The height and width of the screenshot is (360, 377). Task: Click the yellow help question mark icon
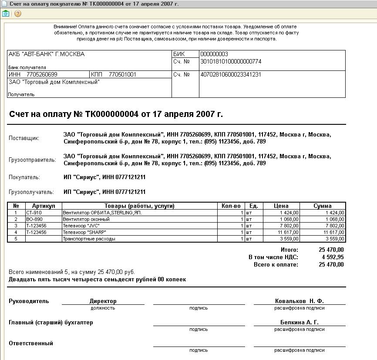(18, 13)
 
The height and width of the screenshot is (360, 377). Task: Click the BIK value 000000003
(214, 54)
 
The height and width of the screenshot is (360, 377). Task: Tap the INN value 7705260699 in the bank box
(42, 74)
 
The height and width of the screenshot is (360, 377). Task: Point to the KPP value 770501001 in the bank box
(122, 74)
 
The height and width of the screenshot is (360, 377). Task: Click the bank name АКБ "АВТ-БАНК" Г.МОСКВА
(47, 54)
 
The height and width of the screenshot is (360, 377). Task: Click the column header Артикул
(44, 206)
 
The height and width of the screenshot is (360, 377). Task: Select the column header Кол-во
(231, 206)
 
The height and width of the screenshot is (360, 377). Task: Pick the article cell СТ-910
(34, 213)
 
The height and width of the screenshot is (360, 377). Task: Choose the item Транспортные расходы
(89, 239)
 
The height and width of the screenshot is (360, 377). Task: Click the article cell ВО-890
(34, 220)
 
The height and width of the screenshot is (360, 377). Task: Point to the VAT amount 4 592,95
(331, 257)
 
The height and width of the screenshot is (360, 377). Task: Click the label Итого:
(289, 250)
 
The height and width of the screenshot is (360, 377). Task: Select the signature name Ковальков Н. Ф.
(299, 301)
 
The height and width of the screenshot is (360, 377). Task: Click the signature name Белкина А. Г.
(299, 323)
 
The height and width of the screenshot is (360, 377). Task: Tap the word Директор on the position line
(103, 301)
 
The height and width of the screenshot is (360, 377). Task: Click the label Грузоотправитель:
(33, 160)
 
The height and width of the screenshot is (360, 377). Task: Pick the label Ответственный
(31, 343)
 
